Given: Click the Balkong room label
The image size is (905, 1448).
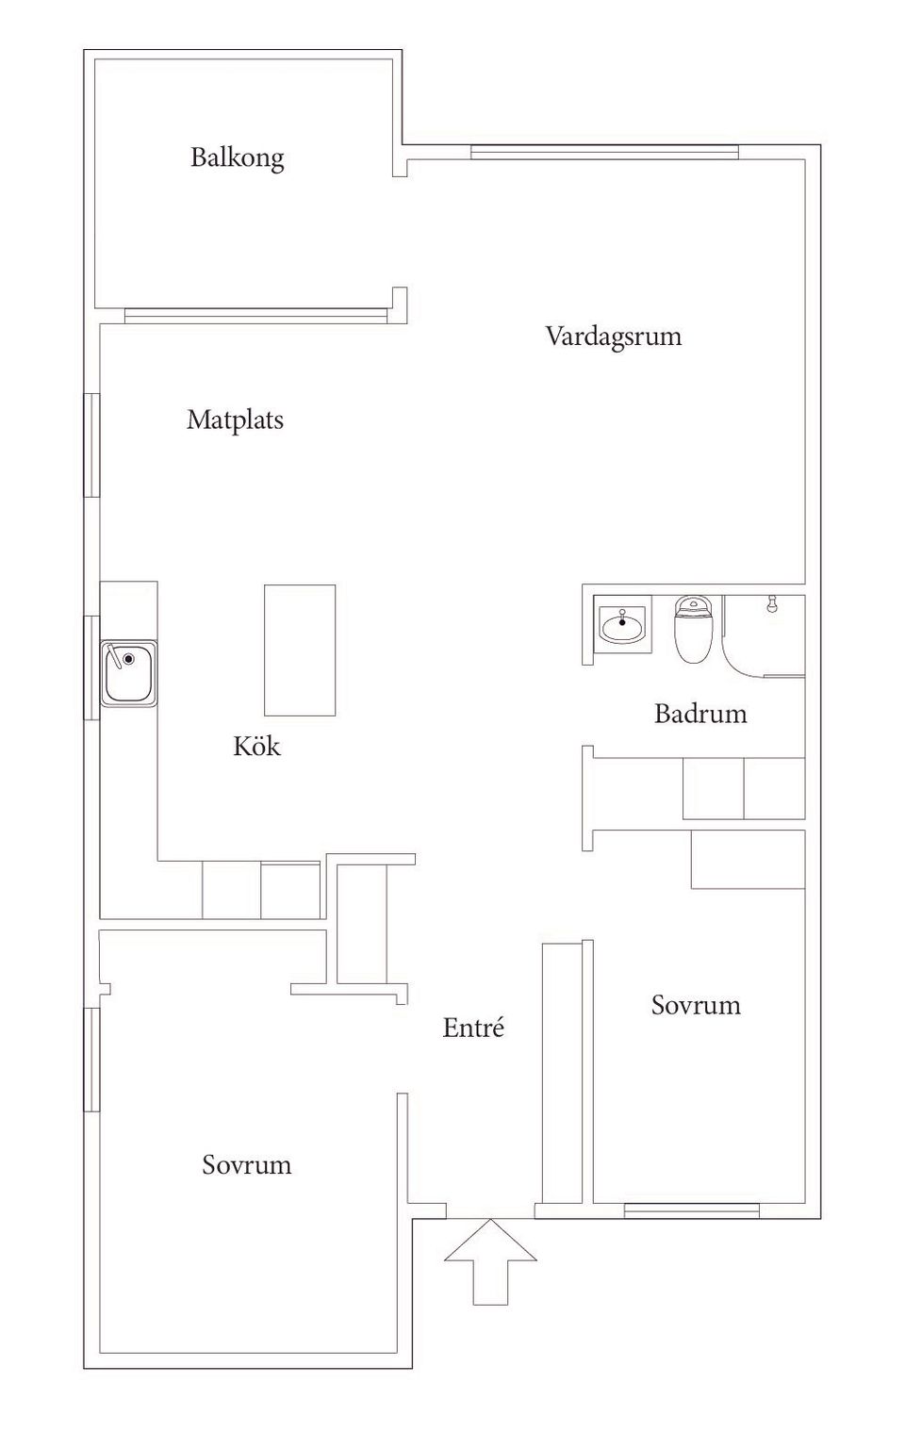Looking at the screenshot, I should tap(237, 156).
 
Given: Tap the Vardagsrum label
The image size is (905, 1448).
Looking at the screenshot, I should tap(613, 337).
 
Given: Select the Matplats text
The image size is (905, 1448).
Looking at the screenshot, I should tap(235, 420).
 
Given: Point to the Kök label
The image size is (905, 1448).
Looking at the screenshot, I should tap(256, 747).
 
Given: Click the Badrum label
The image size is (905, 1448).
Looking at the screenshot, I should tap(700, 714).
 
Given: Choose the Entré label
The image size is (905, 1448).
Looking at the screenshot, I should tap(473, 1028).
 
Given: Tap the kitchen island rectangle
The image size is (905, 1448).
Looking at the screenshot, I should tap(300, 650).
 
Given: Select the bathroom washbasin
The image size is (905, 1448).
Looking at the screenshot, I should tap(621, 623).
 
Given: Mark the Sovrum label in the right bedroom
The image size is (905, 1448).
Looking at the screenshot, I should tap(696, 1005).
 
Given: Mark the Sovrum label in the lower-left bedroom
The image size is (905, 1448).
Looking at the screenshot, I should tap(246, 1165).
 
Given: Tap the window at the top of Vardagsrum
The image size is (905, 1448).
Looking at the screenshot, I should tap(604, 152).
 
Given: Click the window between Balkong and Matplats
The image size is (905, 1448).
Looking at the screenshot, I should tap(256, 316).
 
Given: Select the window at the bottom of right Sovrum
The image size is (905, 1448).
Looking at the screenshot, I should tap(691, 1210).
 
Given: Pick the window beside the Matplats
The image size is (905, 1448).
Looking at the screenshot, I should tap(91, 445).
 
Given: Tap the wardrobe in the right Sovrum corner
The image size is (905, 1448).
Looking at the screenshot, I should tap(748, 860).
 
